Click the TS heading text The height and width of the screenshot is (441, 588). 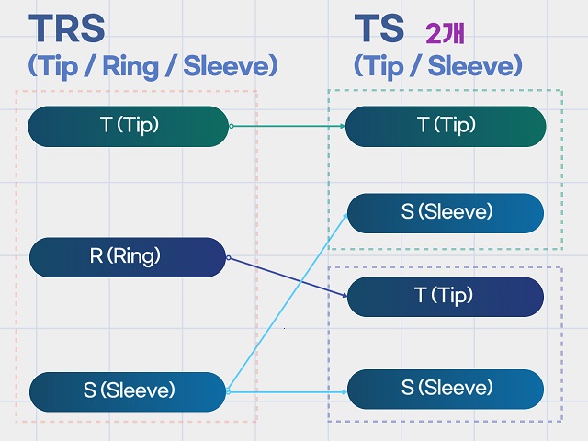tap(379, 28)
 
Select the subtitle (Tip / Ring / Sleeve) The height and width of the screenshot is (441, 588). tap(152, 66)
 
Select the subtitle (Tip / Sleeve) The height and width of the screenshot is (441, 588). tap(438, 66)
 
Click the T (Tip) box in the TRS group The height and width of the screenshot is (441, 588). tap(128, 126)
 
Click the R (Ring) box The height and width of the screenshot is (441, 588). tap(128, 257)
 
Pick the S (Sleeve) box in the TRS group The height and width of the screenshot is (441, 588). tap(128, 391)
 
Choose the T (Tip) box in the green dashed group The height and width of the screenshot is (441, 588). tap(446, 126)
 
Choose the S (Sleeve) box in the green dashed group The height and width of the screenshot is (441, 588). tap(446, 212)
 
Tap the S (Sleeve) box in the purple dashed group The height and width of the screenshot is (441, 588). tap(446, 389)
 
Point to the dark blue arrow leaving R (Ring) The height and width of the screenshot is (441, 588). tap(285, 277)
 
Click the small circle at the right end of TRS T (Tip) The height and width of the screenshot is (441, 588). tap(231, 126)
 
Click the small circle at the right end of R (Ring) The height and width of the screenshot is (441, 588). tap(228, 257)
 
